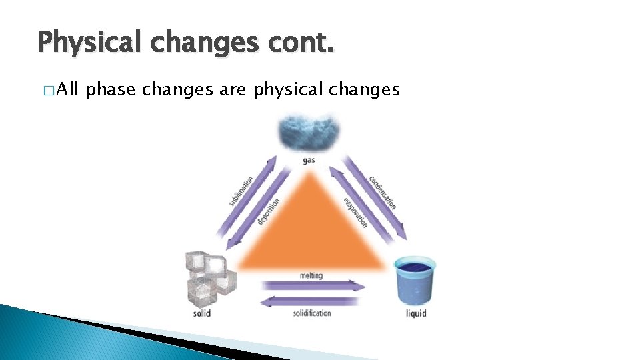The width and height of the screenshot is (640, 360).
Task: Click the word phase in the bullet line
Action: (x=112, y=89)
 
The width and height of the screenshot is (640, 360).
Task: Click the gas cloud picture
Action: (x=308, y=132)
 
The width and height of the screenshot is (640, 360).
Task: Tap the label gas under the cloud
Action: (x=308, y=161)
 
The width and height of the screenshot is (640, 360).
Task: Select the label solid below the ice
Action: (x=202, y=313)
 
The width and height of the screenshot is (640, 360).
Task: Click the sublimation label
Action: (x=241, y=191)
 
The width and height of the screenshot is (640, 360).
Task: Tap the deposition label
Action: (x=269, y=211)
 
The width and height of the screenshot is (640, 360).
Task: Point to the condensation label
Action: (x=383, y=192)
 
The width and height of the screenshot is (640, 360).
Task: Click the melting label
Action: (x=311, y=275)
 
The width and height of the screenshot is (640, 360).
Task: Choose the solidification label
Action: (x=311, y=313)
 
